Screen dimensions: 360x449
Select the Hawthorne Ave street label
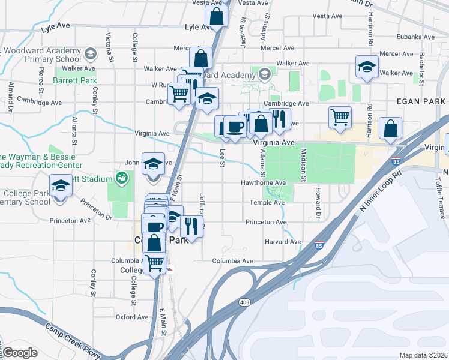pyautogui.click(x=263, y=182)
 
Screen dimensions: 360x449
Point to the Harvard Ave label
pyautogui.click(x=283, y=242)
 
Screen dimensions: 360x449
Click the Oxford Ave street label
pyautogui.click(x=131, y=317)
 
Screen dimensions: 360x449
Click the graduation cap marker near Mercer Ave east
pyautogui.click(x=367, y=67)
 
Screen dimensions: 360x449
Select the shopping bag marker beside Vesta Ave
pyautogui.click(x=216, y=17)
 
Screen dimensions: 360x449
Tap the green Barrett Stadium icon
pyautogui.click(x=121, y=178)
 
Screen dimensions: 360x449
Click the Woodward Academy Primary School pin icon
pyautogui.click(x=90, y=55)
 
